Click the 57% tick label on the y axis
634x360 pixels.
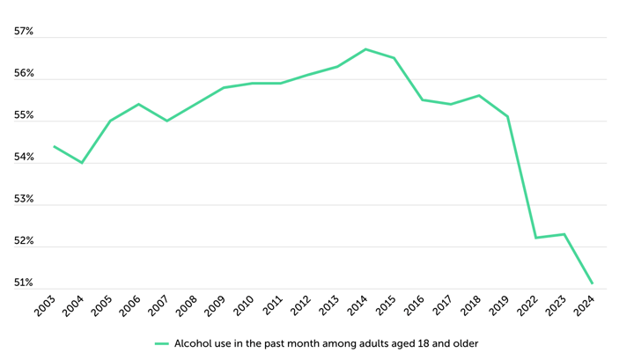tap(24, 32)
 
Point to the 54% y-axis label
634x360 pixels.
tap(24, 158)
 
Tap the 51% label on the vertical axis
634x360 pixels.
tap(24, 283)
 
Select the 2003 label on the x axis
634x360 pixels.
tap(46, 306)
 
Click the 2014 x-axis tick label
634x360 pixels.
tap(358, 306)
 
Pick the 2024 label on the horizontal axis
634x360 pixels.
tap(585, 306)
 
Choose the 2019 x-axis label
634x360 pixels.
tap(499, 306)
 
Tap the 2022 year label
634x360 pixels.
tap(527, 306)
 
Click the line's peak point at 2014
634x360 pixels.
tap(365, 49)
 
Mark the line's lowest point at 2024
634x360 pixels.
tap(593, 283)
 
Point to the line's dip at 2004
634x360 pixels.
tap(82, 163)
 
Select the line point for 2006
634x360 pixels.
tap(139, 104)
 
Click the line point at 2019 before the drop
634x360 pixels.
tap(507, 116)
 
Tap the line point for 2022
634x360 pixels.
tap(535, 238)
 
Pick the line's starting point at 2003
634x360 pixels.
tap(55, 146)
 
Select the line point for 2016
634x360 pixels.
tap(423, 99)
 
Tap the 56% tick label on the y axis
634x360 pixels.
tap(24, 74)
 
